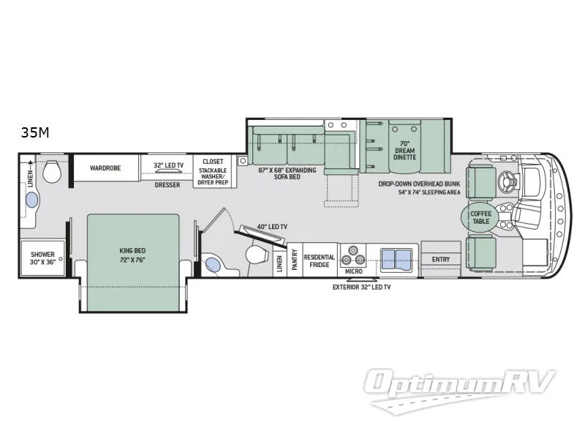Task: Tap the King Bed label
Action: (x=134, y=254)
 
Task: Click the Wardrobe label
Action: (x=105, y=168)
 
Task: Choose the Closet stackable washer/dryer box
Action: (x=213, y=170)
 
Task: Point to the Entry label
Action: (x=441, y=259)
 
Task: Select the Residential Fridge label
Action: (x=320, y=261)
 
